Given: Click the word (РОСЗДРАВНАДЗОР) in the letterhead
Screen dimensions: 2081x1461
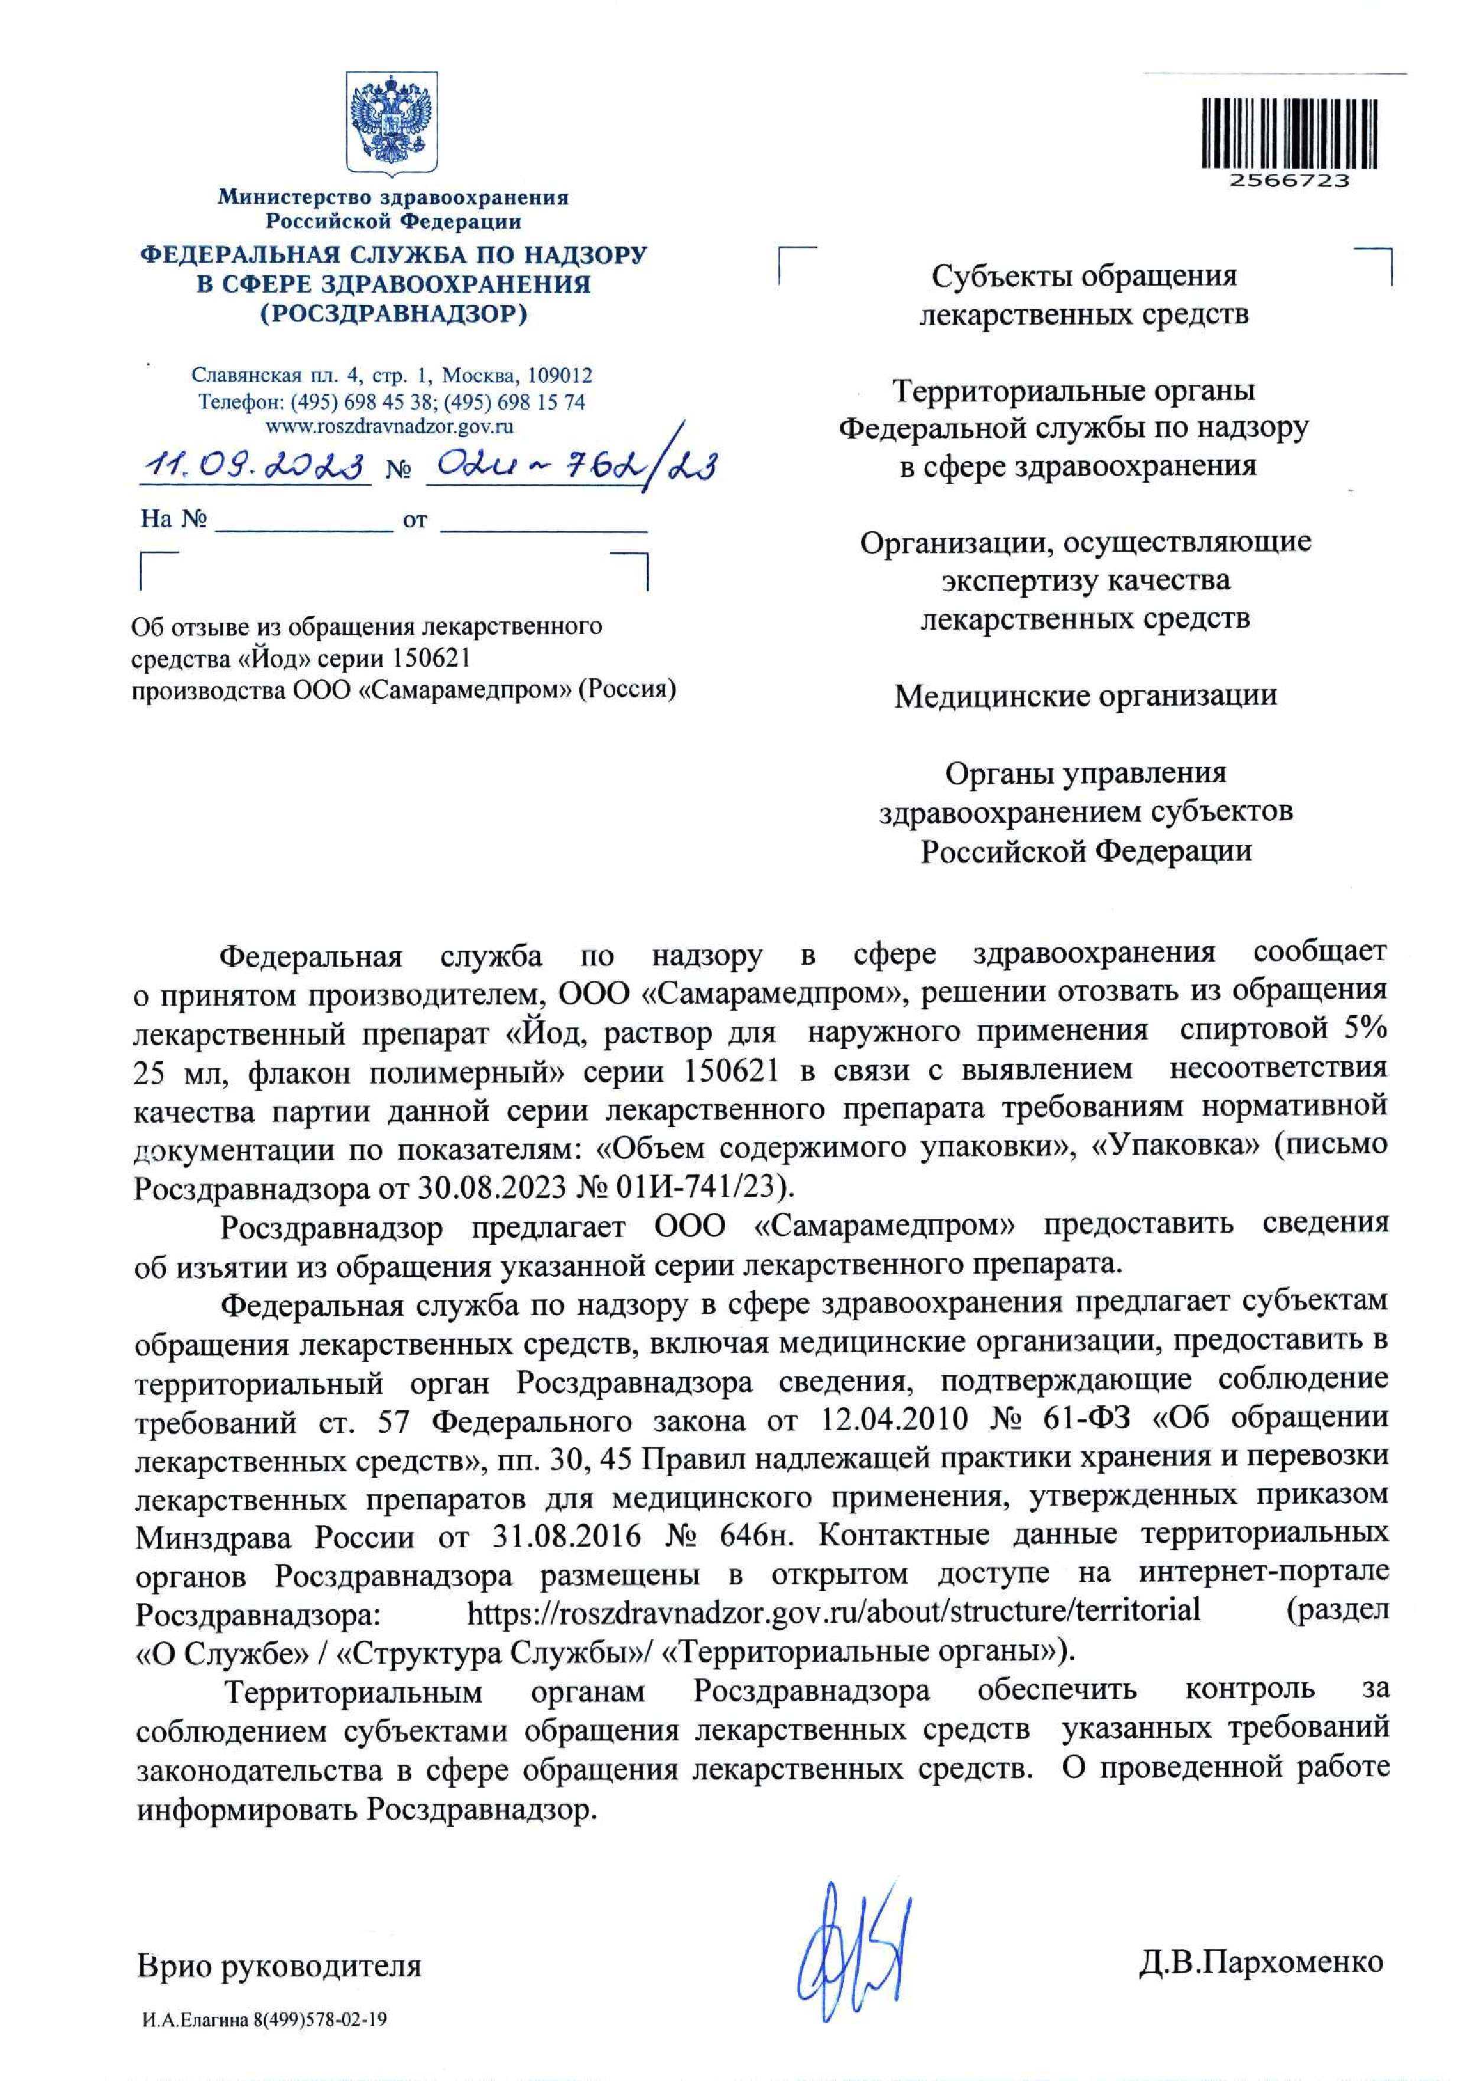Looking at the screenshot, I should pyautogui.click(x=394, y=315).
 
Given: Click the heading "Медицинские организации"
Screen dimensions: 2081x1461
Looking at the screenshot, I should pyautogui.click(x=1085, y=695).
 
